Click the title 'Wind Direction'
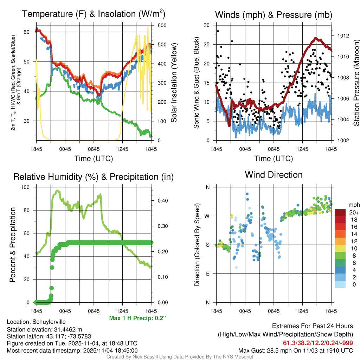[x=274, y=175]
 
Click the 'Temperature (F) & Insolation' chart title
[x=94, y=14]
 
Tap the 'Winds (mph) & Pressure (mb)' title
[x=274, y=15]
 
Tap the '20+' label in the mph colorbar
[x=354, y=213]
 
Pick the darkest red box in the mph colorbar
[x=340, y=213]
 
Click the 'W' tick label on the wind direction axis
[x=208, y=216]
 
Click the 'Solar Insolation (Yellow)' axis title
[x=174, y=83]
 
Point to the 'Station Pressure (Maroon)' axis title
[x=356, y=83]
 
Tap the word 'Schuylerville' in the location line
[x=49, y=322]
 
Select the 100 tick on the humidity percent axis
[x=26, y=187]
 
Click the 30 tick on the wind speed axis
[x=207, y=25]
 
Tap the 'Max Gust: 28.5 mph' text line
[x=295, y=351]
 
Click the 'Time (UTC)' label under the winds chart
[x=274, y=159]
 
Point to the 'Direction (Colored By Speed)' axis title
[x=197, y=244]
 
